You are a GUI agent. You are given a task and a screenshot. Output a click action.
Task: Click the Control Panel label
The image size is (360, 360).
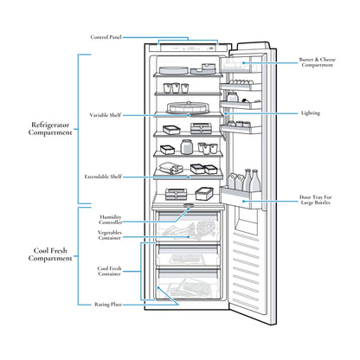pyautogui.click(x=106, y=37)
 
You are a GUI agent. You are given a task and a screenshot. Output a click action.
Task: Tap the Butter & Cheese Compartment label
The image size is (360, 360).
pyautogui.click(x=318, y=62)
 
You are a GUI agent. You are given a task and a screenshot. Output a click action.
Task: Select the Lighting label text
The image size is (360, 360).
pyautogui.click(x=311, y=113)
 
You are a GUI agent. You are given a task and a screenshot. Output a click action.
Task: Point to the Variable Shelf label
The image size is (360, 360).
pyautogui.click(x=106, y=115)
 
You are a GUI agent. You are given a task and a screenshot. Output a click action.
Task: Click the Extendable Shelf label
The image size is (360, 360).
pyautogui.click(x=103, y=177)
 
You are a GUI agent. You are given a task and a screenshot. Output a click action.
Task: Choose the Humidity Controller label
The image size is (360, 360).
pyautogui.click(x=111, y=220)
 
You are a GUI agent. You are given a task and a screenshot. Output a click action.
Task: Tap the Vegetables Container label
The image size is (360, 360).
pyautogui.click(x=110, y=235)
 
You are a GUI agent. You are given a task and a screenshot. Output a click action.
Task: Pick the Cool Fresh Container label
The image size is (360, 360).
pyautogui.click(x=109, y=271)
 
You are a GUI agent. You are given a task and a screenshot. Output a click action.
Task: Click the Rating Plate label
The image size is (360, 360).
pyautogui.click(x=108, y=305)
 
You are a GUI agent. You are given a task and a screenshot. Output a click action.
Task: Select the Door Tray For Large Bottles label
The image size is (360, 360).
pyautogui.click(x=316, y=200)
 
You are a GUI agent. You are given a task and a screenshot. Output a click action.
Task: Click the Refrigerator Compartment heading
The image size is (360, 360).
pyautogui.click(x=50, y=129)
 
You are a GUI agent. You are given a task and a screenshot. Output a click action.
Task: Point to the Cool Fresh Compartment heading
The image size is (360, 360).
pyautogui.click(x=50, y=254)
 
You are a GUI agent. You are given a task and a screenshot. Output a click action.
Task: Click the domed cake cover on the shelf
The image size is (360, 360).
pyautogui.click(x=189, y=107)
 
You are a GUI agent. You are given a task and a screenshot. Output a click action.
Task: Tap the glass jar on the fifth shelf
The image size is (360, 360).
pyautogui.click(x=186, y=147)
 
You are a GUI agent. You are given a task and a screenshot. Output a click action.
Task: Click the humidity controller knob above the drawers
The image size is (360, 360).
pyautogui.click(x=189, y=205)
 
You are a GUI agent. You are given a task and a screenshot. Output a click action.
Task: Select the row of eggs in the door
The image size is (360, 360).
pyautogui.click(x=240, y=82)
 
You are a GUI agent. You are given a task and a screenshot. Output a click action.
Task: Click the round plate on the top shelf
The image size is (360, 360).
pyautogui.click(x=174, y=70)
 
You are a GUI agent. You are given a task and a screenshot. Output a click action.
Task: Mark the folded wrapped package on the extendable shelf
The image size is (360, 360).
pyautogui.click(x=170, y=168)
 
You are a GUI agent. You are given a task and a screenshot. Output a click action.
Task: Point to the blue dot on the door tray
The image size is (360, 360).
pyautogui.click(x=244, y=202)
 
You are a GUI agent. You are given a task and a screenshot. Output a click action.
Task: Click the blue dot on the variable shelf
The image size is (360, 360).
pyautogui.click(x=189, y=115)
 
